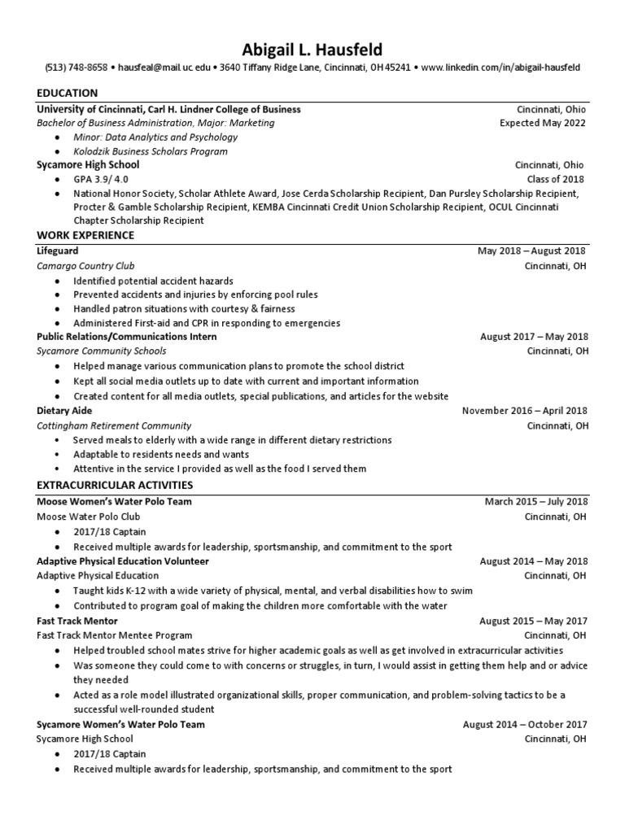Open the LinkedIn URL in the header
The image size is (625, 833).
502,68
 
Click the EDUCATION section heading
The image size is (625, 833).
68,94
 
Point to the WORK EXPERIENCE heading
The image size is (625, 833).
85,236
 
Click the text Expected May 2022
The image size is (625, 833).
542,123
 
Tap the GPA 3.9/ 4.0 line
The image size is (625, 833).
101,179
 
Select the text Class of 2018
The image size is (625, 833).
556,179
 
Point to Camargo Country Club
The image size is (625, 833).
85,265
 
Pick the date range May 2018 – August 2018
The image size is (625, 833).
531,251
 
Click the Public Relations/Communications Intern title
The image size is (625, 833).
127,337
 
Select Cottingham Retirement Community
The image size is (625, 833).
114,425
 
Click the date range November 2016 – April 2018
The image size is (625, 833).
524,411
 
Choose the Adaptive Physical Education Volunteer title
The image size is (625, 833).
123,561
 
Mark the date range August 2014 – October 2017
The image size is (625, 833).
524,724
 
